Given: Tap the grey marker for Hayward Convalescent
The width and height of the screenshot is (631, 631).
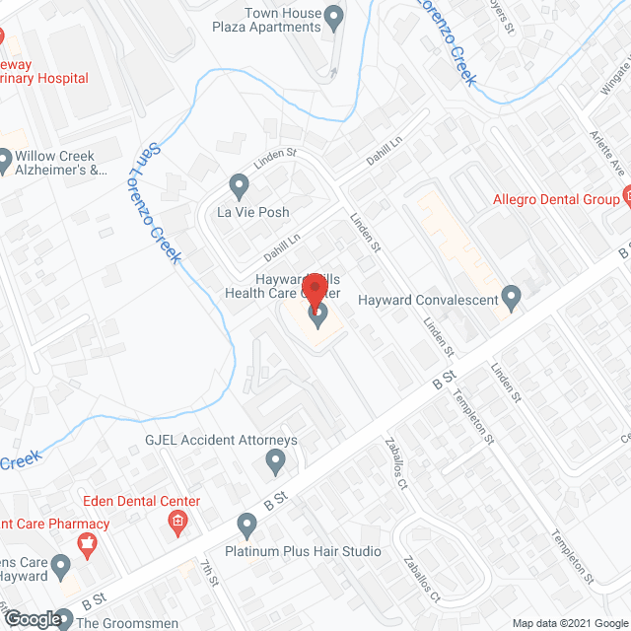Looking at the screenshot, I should [511, 296].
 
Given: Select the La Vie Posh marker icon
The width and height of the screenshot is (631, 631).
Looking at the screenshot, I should [238, 184].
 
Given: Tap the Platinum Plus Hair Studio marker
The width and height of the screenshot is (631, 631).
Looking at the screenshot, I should [246, 525].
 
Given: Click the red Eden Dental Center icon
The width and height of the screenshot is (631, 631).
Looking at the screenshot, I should [178, 522].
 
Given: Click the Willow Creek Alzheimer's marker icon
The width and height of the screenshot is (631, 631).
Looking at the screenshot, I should [4, 158].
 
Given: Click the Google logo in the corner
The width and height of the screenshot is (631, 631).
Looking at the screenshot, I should [32, 619].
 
